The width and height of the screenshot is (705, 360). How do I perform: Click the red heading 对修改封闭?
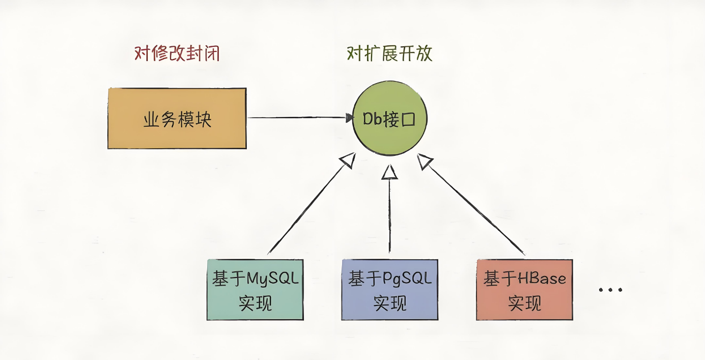(177, 53)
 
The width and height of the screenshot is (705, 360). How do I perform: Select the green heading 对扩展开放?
(389, 53)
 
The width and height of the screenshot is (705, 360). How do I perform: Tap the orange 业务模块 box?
(177, 118)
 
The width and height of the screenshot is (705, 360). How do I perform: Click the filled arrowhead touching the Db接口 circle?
(350, 118)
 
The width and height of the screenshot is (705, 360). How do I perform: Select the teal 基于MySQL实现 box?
(255, 290)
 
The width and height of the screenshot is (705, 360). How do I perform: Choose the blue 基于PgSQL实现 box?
(389, 290)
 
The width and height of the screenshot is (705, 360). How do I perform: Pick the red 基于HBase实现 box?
(524, 290)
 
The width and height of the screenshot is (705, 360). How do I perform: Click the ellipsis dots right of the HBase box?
(610, 290)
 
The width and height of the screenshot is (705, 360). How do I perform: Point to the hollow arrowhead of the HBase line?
(425, 161)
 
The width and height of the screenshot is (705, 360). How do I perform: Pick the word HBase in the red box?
(542, 279)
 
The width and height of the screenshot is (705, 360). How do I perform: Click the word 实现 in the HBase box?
(524, 303)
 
